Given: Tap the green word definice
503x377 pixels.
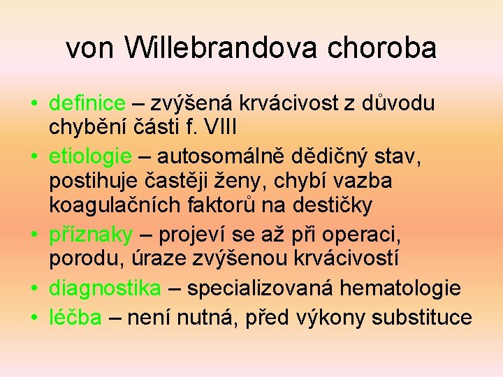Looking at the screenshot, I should [x=87, y=104].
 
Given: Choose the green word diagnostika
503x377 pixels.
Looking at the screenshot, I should [x=105, y=288].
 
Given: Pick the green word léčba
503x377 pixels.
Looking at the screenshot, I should [x=75, y=318].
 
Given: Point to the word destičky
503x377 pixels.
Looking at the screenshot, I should [x=335, y=206].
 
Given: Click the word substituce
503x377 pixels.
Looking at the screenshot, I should [x=422, y=318].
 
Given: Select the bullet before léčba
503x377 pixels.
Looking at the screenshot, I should [x=34, y=318].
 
